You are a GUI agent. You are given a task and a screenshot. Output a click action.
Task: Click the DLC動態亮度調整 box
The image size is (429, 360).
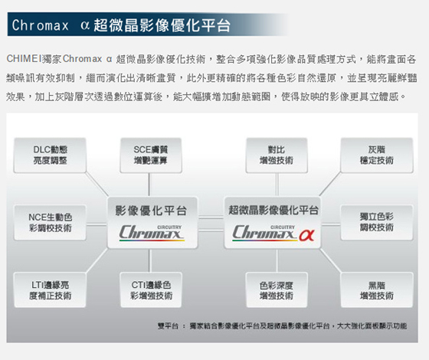click(50, 155)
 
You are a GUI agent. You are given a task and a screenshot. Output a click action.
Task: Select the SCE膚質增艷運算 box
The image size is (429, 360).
click(151, 155)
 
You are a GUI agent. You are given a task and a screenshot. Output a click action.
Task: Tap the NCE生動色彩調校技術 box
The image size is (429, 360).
click(50, 222)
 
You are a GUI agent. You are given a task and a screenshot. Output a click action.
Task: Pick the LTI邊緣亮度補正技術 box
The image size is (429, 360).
click(50, 290)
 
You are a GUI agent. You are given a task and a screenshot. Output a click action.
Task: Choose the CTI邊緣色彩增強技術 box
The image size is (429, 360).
click(151, 290)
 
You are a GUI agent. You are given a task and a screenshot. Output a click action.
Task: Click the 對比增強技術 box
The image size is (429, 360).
click(277, 155)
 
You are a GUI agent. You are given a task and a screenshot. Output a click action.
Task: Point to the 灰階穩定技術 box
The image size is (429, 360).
click(377, 155)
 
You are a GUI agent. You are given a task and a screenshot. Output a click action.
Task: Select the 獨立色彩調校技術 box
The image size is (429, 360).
click(377, 222)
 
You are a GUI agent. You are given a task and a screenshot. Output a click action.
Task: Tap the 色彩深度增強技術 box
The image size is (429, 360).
click(277, 290)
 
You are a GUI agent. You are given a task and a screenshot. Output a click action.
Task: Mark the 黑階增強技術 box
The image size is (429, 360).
click(377, 290)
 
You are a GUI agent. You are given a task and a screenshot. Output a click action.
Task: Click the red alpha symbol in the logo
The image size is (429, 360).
click(306, 234)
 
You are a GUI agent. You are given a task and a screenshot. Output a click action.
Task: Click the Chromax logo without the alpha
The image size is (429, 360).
click(152, 233)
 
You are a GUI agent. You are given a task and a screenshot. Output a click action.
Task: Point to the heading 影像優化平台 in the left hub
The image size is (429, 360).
click(151, 211)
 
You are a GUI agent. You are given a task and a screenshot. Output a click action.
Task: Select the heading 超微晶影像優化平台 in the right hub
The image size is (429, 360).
click(273, 210)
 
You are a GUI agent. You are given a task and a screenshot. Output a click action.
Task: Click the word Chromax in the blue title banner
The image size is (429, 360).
click(40, 25)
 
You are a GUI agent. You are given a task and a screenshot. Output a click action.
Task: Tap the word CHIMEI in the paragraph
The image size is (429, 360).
click(24, 58)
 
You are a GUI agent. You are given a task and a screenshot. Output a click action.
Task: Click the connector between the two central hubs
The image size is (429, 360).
click(211, 224)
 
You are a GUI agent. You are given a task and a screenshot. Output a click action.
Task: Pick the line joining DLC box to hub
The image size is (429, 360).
click(97, 184)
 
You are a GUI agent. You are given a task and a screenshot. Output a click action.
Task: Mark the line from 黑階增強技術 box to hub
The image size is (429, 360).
click(331, 260)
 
